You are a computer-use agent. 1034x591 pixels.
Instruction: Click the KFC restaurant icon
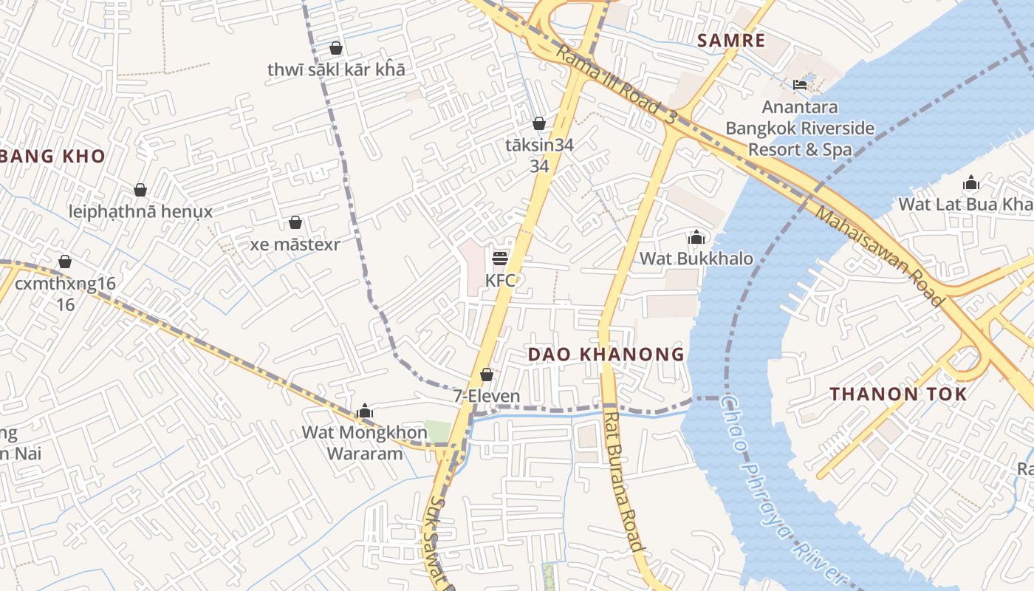point(500,258)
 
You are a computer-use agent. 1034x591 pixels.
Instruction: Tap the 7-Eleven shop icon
point(487,375)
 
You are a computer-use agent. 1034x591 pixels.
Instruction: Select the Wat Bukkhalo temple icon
point(696,237)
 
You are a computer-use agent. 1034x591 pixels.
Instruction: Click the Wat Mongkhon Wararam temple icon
point(364,411)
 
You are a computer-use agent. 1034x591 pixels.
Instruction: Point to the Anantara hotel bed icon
point(799,85)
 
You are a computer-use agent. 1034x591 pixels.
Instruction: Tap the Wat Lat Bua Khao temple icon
point(970,182)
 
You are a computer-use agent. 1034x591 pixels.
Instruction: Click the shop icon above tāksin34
point(539,123)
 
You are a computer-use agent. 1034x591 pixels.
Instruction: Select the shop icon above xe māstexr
point(295,222)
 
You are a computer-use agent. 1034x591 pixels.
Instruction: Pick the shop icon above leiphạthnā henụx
point(140,190)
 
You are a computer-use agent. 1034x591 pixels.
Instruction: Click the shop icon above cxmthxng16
point(65,262)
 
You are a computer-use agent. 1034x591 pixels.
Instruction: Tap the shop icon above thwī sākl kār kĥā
point(336,48)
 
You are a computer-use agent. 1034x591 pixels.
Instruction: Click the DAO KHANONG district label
point(606,355)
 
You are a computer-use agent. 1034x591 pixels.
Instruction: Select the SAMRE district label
point(731,41)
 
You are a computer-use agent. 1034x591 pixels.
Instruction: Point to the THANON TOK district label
point(897,394)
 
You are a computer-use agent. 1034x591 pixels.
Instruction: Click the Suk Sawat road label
point(437,543)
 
